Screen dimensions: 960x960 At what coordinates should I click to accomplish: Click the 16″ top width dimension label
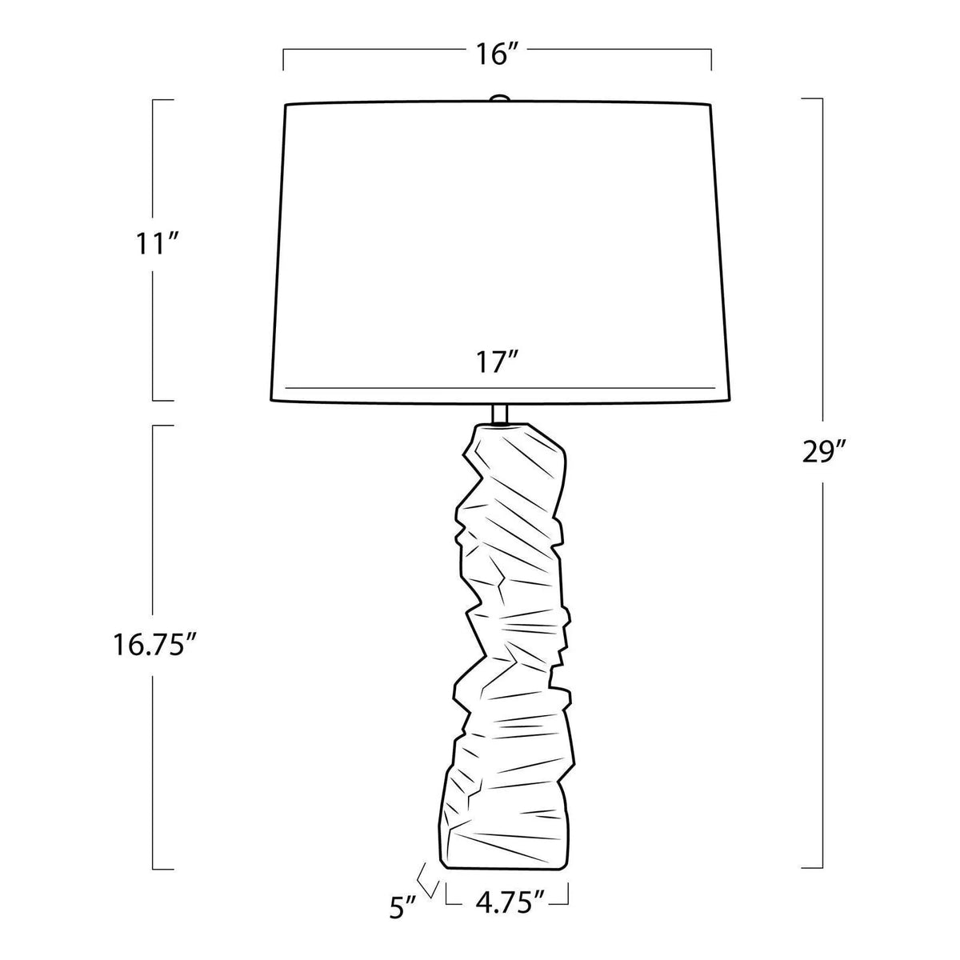(497, 54)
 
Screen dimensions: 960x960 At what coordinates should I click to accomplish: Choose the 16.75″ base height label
(154, 621)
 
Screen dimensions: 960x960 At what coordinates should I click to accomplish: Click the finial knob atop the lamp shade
(499, 98)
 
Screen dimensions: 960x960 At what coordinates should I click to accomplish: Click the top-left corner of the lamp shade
(286, 104)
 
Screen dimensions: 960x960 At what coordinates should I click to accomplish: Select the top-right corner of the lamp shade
(710, 104)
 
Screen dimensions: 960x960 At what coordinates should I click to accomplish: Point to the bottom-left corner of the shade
(269, 400)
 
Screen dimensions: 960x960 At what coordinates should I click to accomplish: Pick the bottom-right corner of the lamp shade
(730, 400)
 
